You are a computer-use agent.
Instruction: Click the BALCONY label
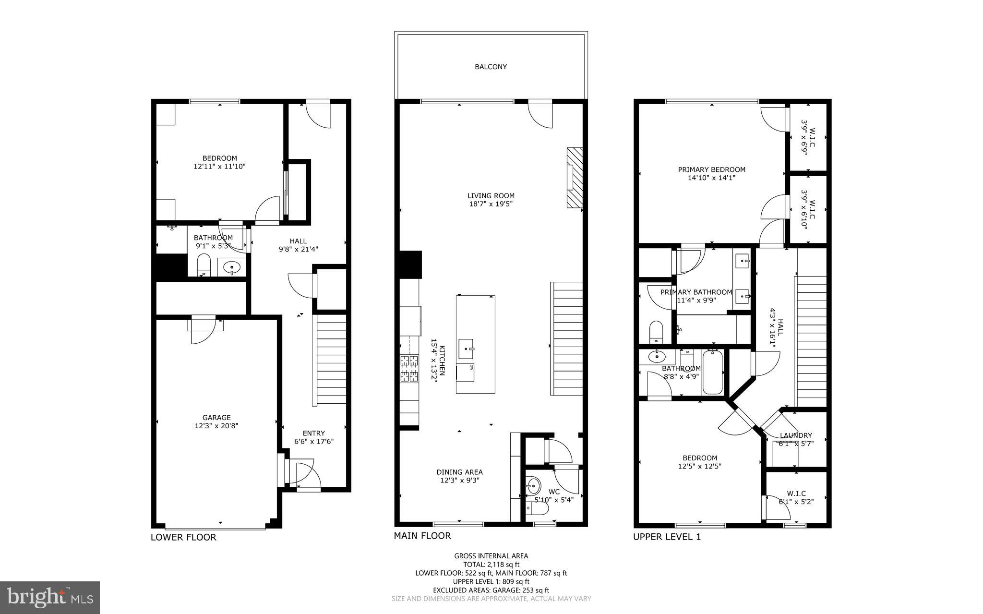click(491, 67)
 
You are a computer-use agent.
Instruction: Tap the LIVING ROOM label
click(491, 195)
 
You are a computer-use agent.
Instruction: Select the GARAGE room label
click(216, 418)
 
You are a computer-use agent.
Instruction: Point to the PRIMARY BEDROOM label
click(711, 169)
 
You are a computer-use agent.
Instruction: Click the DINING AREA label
click(459, 472)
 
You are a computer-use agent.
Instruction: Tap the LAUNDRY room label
click(796, 435)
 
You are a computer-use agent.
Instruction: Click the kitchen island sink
click(466, 349)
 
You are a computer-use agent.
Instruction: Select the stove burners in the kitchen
click(409, 369)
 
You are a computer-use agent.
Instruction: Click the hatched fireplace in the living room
click(575, 178)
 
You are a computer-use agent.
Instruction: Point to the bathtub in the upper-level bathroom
click(713, 373)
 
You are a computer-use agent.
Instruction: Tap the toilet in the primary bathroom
click(656, 332)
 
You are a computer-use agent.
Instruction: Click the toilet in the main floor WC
click(541, 508)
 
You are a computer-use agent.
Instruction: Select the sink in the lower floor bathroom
click(232, 267)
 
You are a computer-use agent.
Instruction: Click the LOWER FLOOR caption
click(183, 537)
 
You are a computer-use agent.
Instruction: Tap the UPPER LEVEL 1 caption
click(667, 537)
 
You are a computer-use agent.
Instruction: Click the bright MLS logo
click(50, 598)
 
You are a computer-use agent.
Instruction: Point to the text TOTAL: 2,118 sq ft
click(491, 565)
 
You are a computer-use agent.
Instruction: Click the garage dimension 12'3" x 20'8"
click(216, 426)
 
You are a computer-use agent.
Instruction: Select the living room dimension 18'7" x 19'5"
click(491, 204)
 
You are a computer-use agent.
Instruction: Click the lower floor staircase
click(330, 361)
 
